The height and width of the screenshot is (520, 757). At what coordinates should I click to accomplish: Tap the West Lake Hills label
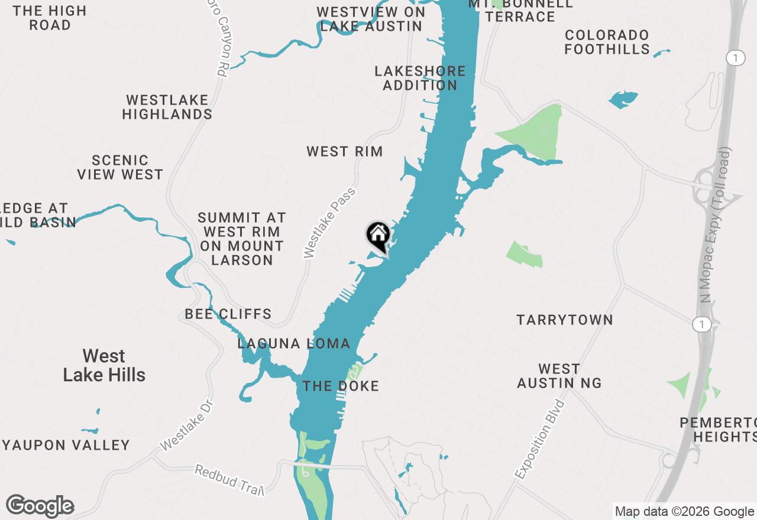click(104, 365)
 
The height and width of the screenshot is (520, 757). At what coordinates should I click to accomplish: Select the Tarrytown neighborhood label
click(565, 320)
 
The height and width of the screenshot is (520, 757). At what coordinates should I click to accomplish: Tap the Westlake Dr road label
click(186, 424)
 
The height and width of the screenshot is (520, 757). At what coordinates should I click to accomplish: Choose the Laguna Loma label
click(294, 343)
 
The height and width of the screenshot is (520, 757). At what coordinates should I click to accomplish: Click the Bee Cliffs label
click(228, 314)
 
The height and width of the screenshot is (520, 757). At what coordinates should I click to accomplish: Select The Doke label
click(341, 386)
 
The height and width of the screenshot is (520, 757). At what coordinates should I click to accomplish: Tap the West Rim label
click(345, 151)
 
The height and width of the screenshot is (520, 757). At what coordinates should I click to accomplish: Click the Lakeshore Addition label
click(420, 78)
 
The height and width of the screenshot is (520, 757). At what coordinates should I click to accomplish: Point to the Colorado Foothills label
click(607, 42)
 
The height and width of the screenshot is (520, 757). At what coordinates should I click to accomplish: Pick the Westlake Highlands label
click(167, 107)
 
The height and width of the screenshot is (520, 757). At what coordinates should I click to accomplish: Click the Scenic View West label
click(120, 167)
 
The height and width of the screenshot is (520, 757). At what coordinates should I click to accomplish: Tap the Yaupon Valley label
click(66, 445)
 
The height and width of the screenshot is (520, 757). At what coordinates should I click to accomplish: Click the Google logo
click(40, 506)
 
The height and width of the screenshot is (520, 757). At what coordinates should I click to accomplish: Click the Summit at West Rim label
click(242, 239)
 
